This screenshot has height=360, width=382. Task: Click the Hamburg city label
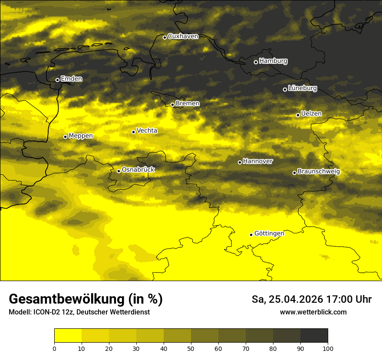[x=273, y=61]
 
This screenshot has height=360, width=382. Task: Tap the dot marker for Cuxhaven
[x=165, y=37]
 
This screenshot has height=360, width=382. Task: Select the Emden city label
[x=71, y=79]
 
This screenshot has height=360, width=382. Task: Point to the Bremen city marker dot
[x=172, y=105]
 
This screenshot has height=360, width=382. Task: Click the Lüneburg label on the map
[x=302, y=88]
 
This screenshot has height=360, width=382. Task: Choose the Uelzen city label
[x=311, y=114]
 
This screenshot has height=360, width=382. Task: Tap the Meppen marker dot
[x=65, y=137]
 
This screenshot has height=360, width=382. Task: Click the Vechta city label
[x=147, y=131]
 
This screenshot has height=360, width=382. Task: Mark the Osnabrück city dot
[x=119, y=171]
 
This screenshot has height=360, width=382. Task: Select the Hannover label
[x=258, y=161]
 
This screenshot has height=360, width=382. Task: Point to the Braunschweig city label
[x=319, y=172]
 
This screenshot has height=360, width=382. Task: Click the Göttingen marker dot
[x=251, y=235]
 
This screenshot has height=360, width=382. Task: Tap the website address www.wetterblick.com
[x=313, y=312]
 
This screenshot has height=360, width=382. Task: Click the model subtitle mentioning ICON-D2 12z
[x=79, y=312]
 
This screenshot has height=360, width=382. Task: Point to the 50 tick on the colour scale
[x=191, y=348]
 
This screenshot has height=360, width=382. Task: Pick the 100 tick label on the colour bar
[x=328, y=348]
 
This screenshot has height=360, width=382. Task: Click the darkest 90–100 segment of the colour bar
[x=314, y=336]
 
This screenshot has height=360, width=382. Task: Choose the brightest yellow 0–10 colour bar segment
[x=68, y=336]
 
